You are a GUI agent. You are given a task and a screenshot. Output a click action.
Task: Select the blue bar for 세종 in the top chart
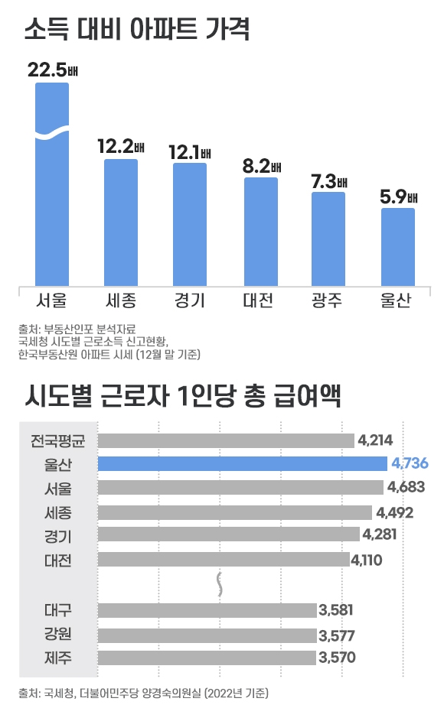click(x=121, y=222)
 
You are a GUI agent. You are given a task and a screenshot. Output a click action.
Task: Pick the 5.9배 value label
click(x=398, y=197)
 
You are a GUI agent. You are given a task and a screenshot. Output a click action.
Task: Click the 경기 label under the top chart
click(x=190, y=300)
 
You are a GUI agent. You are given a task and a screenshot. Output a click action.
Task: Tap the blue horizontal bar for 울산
click(x=243, y=463)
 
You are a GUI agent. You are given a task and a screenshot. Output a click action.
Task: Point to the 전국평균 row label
click(x=58, y=440)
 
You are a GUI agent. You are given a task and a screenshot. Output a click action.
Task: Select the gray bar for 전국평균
click(x=226, y=440)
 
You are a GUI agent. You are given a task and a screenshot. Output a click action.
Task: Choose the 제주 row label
click(x=58, y=657)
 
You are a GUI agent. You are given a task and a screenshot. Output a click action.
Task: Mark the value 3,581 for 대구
click(x=337, y=610)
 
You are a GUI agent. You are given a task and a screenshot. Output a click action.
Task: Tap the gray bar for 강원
click(x=207, y=635)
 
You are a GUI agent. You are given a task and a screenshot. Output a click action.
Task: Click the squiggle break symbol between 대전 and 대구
click(x=221, y=583)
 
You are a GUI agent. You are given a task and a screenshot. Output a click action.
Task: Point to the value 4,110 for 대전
click(x=366, y=560)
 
